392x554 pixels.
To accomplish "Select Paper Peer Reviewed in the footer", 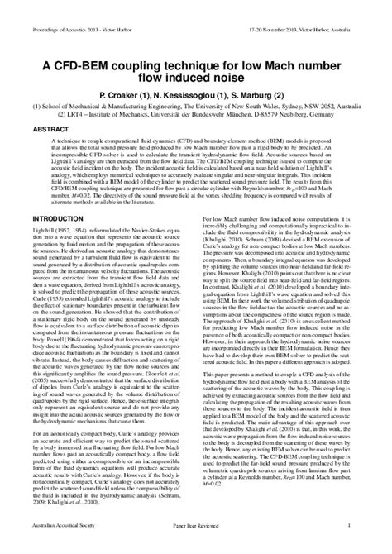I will click(195, 545).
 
